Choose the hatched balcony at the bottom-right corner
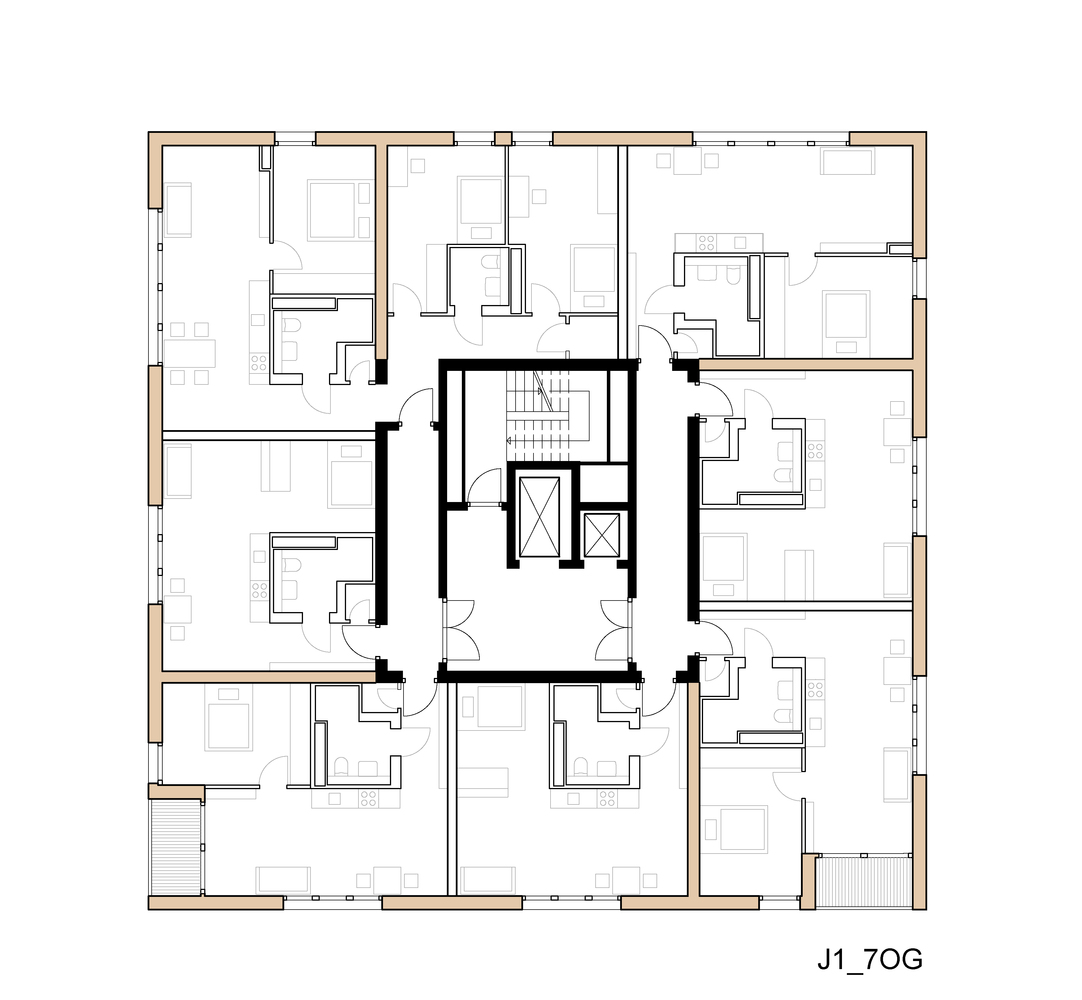(865, 881)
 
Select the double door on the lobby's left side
(461, 630)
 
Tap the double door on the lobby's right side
(612, 630)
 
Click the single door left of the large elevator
(486, 489)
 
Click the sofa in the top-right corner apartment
(847, 161)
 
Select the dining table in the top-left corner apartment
(190, 353)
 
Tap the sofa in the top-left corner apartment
(178, 209)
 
